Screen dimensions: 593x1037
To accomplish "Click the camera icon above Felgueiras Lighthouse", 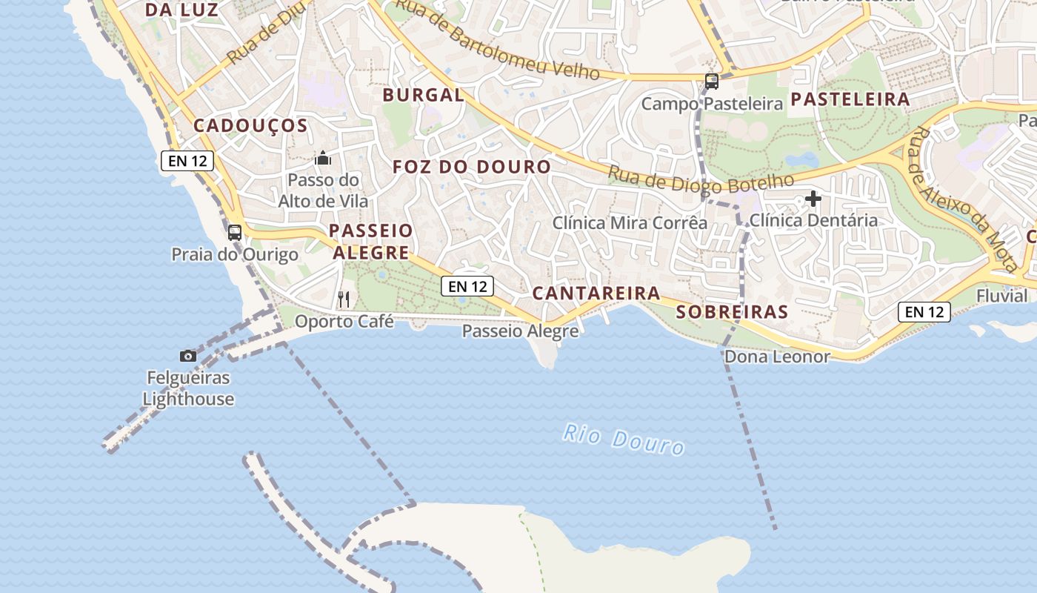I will (188, 356).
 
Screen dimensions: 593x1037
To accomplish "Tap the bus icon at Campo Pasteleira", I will (711, 82).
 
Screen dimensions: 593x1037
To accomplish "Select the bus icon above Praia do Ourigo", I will (235, 232).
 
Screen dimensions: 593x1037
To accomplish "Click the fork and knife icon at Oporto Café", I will (344, 299).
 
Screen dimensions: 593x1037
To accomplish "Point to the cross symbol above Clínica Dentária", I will (813, 199).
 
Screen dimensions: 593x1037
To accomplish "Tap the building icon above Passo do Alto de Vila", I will (323, 158).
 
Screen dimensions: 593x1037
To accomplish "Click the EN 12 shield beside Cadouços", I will (187, 161).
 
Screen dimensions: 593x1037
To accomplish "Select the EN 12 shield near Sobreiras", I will (924, 312).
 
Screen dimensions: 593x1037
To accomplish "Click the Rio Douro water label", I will (623, 439).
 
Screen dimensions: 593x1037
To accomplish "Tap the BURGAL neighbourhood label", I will (424, 95).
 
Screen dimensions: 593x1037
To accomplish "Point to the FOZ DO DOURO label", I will (472, 167).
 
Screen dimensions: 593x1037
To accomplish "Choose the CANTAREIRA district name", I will (596, 294).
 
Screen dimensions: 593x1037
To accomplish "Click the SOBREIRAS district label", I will (733, 312).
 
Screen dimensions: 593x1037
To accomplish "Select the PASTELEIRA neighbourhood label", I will (850, 99).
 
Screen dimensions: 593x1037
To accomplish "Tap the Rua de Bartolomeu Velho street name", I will (496, 41).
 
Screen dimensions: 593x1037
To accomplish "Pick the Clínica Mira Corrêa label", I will (630, 222).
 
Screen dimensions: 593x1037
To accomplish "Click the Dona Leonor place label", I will (777, 357).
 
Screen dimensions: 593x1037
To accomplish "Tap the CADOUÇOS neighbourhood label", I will (250, 126).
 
